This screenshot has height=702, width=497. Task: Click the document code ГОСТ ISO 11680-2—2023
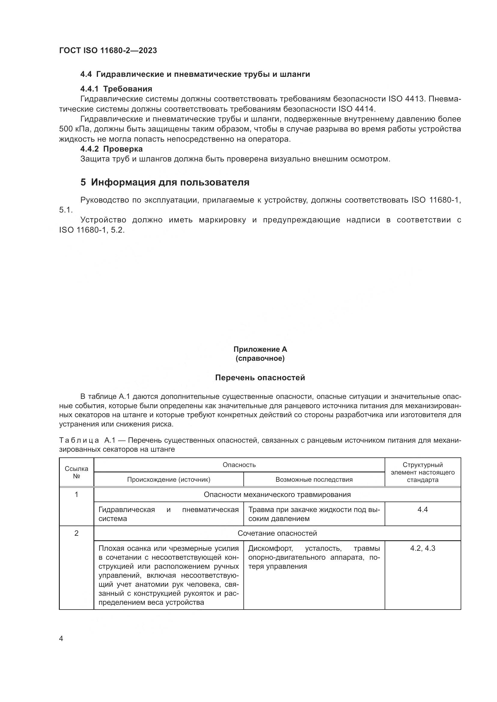coord(108,50)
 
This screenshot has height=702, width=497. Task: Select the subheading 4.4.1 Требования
coord(116,89)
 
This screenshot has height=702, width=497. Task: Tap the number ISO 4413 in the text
coord(407,99)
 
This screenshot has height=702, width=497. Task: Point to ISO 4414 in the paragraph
coord(357,109)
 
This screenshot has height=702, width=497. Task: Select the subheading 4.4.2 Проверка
coord(111,149)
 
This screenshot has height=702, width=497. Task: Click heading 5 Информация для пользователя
coord(165,182)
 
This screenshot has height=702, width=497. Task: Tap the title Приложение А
coord(260,349)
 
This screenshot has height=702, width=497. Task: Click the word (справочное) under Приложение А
coord(260,358)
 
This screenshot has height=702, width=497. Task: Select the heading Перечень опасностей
coord(260,378)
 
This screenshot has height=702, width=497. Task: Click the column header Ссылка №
coord(77,472)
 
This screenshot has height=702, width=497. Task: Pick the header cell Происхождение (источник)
coord(169,479)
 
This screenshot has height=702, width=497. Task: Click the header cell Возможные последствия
coord(314,479)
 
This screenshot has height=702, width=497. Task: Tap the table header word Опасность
coord(239,465)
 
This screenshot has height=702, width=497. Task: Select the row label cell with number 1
coord(77,494)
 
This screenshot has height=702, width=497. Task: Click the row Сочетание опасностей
coord(277,533)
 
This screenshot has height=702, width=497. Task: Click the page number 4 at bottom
coord(61,639)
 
